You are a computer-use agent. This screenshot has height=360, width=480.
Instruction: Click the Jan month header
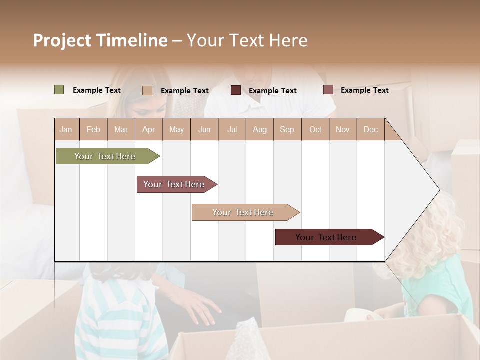coord(66,129)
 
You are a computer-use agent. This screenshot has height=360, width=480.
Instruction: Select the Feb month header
coord(93,129)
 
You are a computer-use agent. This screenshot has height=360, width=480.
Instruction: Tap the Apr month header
coord(148,129)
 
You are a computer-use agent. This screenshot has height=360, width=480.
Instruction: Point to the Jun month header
coord(204,129)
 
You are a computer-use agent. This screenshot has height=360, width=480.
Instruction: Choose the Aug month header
coord(259,129)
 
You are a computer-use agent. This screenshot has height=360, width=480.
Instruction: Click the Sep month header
coord(287,129)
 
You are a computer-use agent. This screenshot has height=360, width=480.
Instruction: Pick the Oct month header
coord(315,129)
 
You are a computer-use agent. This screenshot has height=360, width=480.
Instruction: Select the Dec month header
coord(370,129)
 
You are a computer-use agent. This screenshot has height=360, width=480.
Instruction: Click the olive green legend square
coord(59,90)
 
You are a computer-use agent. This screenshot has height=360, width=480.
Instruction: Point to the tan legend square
coord(147,90)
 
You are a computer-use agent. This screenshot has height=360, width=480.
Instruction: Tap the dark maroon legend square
coord(236,90)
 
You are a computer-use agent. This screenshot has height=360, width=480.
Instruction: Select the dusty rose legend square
coord(328,90)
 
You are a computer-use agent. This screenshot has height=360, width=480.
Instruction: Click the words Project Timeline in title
coord(100,40)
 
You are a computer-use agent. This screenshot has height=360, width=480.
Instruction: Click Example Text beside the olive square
coord(97,90)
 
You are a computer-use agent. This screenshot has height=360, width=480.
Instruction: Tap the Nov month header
coord(343,129)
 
